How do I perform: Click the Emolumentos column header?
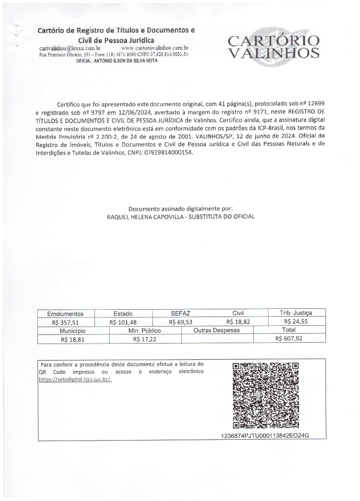pyautogui.click(x=65, y=314)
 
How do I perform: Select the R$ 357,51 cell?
pyautogui.click(x=65, y=322)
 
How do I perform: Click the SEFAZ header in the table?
pyautogui.click(x=181, y=313)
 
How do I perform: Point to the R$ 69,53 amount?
pyautogui.click(x=181, y=322)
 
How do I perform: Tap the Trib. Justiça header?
pyautogui.click(x=296, y=313)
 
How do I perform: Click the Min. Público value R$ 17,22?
pyautogui.click(x=145, y=339)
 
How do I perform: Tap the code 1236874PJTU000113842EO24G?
pyautogui.click(x=265, y=436)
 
